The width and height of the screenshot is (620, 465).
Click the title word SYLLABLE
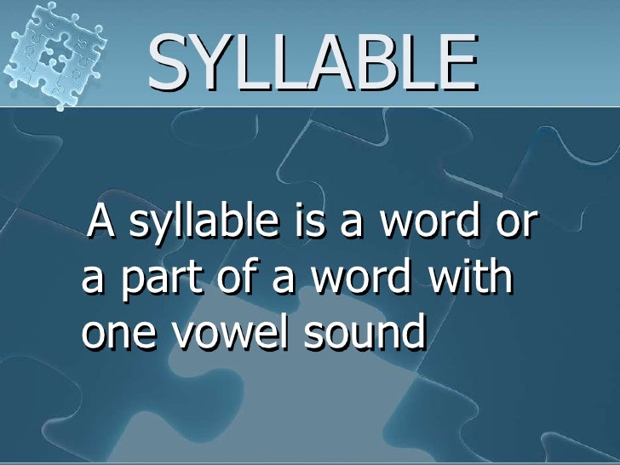coord(313,63)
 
